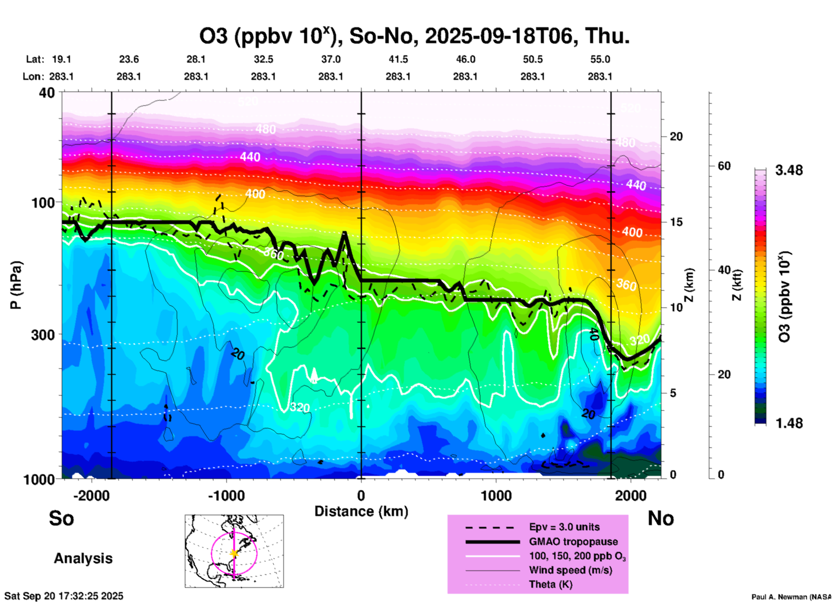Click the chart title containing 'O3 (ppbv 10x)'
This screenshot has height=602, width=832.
pyautogui.click(x=414, y=36)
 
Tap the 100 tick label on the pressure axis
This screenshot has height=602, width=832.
pyautogui.click(x=43, y=202)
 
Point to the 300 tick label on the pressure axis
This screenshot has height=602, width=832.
pyautogui.click(x=43, y=334)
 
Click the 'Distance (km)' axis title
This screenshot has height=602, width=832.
pyautogui.click(x=361, y=511)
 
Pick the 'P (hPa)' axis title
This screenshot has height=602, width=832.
pyautogui.click(x=16, y=285)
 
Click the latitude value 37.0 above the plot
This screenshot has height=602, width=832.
pyautogui.click(x=330, y=59)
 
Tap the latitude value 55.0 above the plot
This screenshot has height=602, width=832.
pyautogui.click(x=600, y=59)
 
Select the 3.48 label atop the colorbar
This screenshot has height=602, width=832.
pyautogui.click(x=789, y=170)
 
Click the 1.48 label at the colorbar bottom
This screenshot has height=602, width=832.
pyautogui.click(x=789, y=423)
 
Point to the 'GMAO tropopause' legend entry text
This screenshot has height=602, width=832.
pyautogui.click(x=573, y=542)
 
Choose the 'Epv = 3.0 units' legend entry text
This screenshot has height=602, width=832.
pyautogui.click(x=564, y=527)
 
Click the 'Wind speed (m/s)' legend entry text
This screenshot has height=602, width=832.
pyautogui.click(x=570, y=570)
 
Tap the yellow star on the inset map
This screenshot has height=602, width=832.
pyautogui.click(x=234, y=553)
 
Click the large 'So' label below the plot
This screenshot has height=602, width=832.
pyautogui.click(x=61, y=518)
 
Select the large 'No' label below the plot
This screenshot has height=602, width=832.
pyautogui.click(x=661, y=518)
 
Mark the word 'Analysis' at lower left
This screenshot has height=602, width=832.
pyautogui.click(x=83, y=558)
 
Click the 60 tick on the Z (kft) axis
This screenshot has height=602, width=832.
pyautogui.click(x=724, y=166)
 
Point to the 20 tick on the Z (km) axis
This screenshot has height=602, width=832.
pyautogui.click(x=676, y=136)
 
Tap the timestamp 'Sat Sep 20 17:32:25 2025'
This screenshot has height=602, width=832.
pyautogui.click(x=64, y=596)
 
